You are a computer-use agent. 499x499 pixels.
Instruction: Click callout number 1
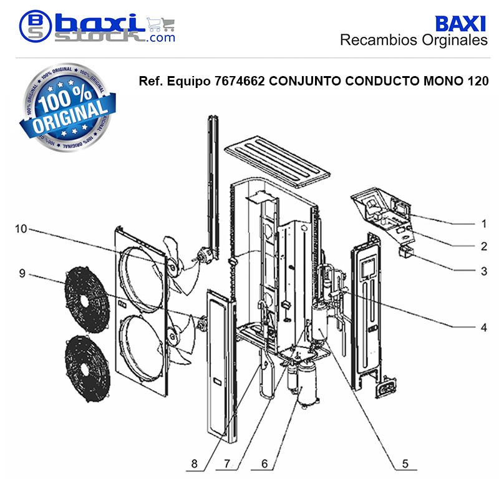coord(484,223)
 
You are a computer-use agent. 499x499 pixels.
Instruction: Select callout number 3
coord(484,271)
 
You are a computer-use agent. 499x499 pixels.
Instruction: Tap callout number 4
coord(484,327)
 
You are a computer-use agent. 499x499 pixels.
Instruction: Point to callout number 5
coord(405,463)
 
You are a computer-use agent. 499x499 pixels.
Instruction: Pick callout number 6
coord(264,463)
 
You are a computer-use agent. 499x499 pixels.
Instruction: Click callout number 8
coord(194,463)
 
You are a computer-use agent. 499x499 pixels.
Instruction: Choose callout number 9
coord(22,273)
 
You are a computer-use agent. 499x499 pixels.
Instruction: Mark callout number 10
coord(21,228)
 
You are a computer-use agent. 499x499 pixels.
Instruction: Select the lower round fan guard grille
coord(87,369)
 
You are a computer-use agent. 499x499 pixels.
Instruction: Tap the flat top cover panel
coord(277,162)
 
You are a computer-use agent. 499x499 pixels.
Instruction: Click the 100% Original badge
coord(67,107)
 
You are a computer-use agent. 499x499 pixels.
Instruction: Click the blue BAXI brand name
coord(460,24)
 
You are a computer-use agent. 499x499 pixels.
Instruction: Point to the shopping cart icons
coord(161,24)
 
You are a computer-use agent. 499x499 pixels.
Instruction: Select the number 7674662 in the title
coord(240,81)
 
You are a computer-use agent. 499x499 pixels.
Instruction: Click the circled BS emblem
coord(35,26)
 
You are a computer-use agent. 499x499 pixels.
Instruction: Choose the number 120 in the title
coord(478,81)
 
